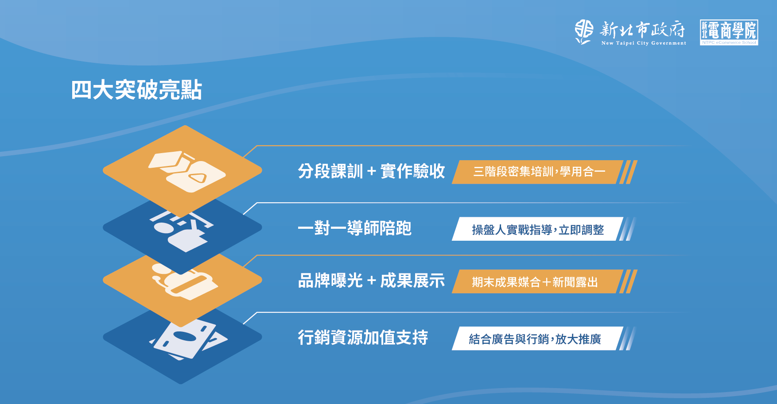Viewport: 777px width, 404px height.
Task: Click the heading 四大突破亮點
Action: pyautogui.click(x=136, y=90)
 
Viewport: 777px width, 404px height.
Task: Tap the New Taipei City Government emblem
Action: pyautogui.click(x=584, y=32)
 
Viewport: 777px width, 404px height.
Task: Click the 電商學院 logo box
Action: pyautogui.click(x=729, y=32)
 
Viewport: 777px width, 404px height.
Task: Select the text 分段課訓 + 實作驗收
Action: pyautogui.click(x=371, y=171)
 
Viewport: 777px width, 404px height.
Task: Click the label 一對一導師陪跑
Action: pyautogui.click(x=354, y=228)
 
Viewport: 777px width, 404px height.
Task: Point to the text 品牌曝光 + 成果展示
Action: pyautogui.click(x=371, y=281)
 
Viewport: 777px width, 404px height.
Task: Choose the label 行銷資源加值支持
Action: pyautogui.click(x=363, y=338)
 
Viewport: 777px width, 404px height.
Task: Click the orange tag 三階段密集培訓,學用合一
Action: pyautogui.click(x=538, y=172)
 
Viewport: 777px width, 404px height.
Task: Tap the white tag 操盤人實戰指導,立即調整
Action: pyautogui.click(x=538, y=229)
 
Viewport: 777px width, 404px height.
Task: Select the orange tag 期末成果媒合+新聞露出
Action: pyautogui.click(x=538, y=281)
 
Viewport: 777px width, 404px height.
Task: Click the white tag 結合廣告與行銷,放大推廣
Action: pyautogui.click(x=538, y=339)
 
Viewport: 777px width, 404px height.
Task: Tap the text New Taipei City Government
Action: pyautogui.click(x=644, y=43)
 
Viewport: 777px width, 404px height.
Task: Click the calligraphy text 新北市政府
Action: pyautogui.click(x=642, y=30)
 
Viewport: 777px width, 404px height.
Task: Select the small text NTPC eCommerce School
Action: pyautogui.click(x=729, y=42)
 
